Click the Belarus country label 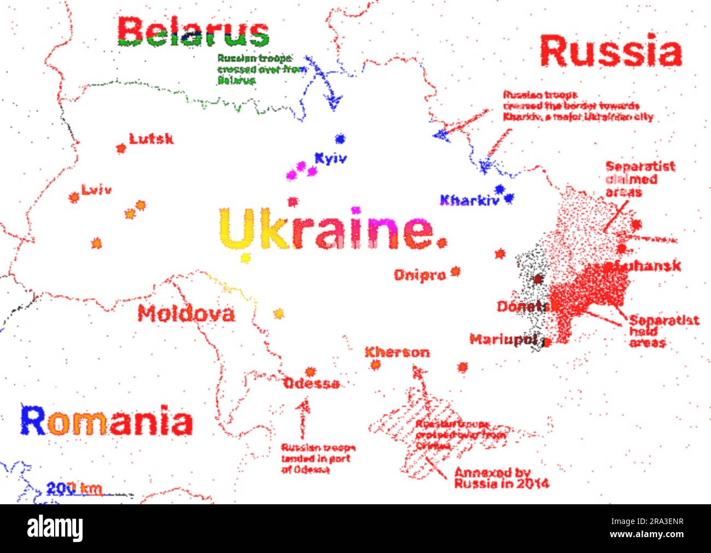point(193,32)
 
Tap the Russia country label point(610,51)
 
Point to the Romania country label point(107,420)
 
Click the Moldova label point(186,314)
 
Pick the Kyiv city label point(330,159)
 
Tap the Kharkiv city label point(470,200)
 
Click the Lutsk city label point(151,139)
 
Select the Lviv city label point(97,190)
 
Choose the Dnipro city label point(420,275)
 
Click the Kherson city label point(397,352)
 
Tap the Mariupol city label point(503,339)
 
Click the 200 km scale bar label point(74,487)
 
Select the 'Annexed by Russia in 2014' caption point(501,478)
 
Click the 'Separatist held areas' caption point(663,331)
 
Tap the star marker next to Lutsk point(121,148)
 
